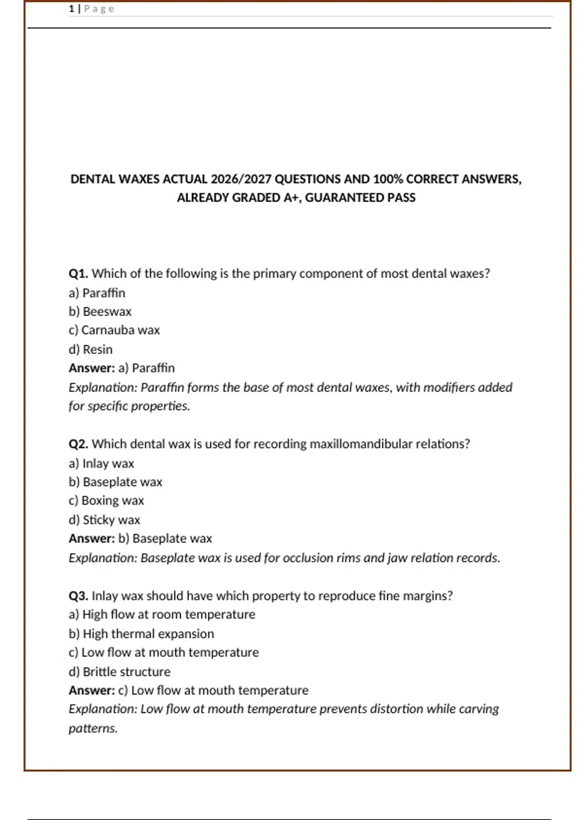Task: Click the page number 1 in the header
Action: click(x=71, y=9)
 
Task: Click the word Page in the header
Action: click(x=99, y=9)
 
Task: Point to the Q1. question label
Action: click(x=78, y=273)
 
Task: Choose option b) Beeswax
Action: click(x=100, y=312)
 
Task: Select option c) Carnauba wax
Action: click(x=114, y=330)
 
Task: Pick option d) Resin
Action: click(x=91, y=349)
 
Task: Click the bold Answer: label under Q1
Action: click(x=92, y=368)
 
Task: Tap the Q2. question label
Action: click(x=78, y=444)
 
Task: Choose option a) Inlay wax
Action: click(x=101, y=463)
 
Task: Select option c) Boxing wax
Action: click(x=106, y=501)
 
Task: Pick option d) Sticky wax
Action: click(x=104, y=520)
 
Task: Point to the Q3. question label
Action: click(x=78, y=596)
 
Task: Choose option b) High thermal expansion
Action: click(x=141, y=634)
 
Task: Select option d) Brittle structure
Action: click(x=120, y=671)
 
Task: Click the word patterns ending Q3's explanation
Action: click(x=93, y=728)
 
